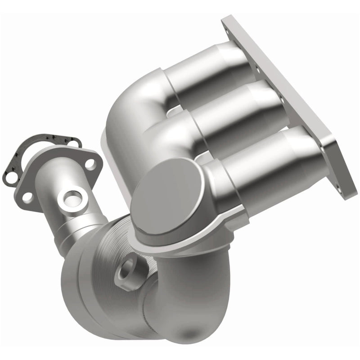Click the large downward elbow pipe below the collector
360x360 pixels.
point(180,292)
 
